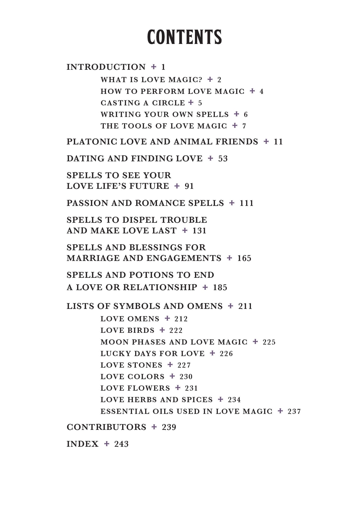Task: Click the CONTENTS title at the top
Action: pyautogui.click(x=184, y=37)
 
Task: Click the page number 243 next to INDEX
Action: pyautogui.click(x=121, y=444)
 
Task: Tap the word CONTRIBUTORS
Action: pyautogui.click(x=106, y=427)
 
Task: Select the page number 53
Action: pyautogui.click(x=223, y=159)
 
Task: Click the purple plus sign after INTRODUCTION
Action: pyautogui.click(x=154, y=67)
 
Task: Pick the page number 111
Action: pyautogui.click(x=246, y=203)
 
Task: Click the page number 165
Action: pyautogui.click(x=244, y=258)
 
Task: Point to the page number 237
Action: pyautogui.click(x=294, y=411)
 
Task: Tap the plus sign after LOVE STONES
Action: pyautogui.click(x=170, y=365)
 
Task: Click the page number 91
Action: pyautogui.click(x=189, y=186)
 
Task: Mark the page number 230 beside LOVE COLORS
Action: pyautogui.click(x=186, y=376)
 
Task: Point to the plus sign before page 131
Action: pyautogui.click(x=185, y=230)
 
